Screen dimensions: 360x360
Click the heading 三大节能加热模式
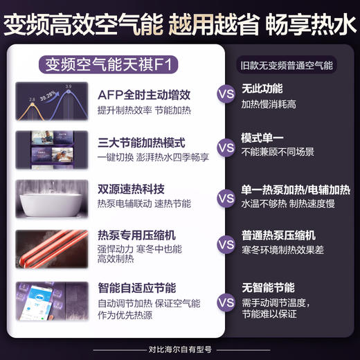pyautogui.click(x=142, y=143)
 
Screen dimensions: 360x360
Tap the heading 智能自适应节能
pyautogui.click(x=137, y=287)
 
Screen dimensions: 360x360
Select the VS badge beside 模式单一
pyautogui.click(x=226, y=147)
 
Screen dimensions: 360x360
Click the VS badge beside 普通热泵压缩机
pyautogui.click(x=226, y=244)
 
